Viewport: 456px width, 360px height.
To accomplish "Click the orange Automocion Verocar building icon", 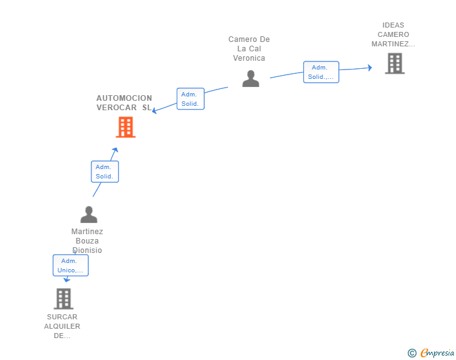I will [x=126, y=127].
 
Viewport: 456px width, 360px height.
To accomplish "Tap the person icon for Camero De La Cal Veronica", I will [x=251, y=79].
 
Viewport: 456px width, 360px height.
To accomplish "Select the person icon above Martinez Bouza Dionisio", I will [x=89, y=215].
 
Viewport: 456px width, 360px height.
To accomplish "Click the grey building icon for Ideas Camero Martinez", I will [x=395, y=63].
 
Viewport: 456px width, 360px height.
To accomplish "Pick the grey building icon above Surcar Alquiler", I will [x=63, y=299].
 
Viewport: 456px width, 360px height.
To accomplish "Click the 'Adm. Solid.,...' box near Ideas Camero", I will [x=321, y=72].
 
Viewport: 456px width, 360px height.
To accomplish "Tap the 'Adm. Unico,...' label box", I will [x=70, y=265].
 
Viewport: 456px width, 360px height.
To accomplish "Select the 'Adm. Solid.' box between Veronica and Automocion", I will [x=190, y=99].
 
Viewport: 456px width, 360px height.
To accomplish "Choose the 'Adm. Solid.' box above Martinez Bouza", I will [x=105, y=172].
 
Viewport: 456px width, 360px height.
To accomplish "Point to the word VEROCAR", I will [x=117, y=108].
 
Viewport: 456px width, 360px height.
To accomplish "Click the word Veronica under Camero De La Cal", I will [x=249, y=58].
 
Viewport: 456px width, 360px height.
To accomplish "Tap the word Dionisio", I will [x=87, y=250].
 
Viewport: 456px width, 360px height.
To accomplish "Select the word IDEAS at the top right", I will [x=393, y=26].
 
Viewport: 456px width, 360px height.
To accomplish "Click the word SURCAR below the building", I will [x=62, y=317].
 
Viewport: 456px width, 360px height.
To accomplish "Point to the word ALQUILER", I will [x=62, y=326].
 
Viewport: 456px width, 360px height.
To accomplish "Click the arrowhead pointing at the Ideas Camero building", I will [x=370, y=68].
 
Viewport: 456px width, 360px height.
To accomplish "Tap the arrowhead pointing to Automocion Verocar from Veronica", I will [x=155, y=111].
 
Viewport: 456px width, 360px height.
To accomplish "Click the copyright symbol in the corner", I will [x=412, y=353].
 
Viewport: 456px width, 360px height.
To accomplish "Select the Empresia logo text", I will [x=437, y=353].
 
